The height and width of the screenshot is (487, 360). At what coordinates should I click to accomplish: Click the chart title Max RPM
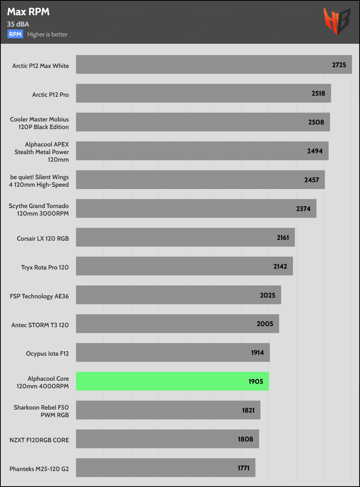[28, 12]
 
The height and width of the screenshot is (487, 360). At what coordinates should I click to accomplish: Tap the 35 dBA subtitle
[18, 24]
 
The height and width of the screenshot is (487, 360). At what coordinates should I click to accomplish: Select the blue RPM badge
[15, 34]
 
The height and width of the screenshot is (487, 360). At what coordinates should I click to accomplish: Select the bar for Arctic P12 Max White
[214, 65]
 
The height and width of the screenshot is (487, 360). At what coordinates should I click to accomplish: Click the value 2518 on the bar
[318, 93]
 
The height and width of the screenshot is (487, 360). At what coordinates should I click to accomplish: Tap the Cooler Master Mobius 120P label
[39, 123]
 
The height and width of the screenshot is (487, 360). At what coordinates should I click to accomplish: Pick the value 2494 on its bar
[315, 151]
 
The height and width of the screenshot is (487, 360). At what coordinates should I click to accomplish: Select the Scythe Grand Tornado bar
[196, 208]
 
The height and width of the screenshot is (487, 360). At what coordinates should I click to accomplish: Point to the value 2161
[283, 238]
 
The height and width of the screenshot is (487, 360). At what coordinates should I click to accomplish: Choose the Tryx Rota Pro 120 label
[45, 268]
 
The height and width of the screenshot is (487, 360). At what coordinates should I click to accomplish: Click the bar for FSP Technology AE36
[178, 295]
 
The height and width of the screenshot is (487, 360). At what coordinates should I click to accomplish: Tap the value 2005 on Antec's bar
[265, 324]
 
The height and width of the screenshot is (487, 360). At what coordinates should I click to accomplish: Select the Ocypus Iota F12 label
[47, 354]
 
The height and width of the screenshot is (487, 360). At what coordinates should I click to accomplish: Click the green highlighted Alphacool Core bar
[172, 381]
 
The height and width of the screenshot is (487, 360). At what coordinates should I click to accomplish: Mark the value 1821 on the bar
[248, 410]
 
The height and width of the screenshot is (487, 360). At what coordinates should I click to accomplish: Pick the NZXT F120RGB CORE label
[39, 440]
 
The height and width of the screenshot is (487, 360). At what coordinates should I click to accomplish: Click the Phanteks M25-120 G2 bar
[165, 468]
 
